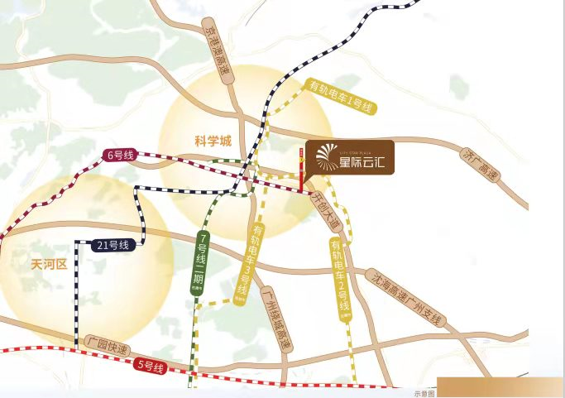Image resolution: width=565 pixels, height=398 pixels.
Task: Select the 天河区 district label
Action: pos(47,265)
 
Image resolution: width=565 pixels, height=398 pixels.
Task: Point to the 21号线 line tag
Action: pos(113,246)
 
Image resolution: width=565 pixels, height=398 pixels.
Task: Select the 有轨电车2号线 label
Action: pos(338,278)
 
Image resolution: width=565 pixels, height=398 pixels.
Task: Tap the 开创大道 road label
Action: pos(325,210)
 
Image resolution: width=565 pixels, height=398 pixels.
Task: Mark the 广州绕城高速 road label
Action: pos(275,319)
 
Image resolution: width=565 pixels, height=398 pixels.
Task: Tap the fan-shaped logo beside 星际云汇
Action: pos(324,156)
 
